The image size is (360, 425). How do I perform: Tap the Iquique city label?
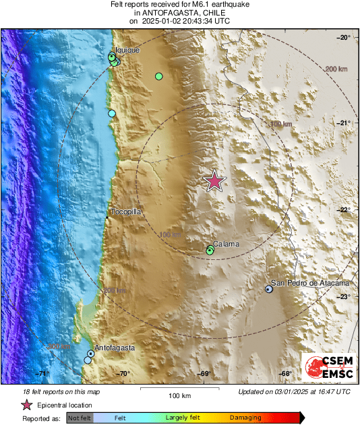(x=127, y=50)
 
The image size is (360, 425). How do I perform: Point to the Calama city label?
(x=226, y=244)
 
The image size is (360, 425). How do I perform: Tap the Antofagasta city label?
(x=115, y=348)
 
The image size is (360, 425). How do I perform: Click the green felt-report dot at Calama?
(x=210, y=251)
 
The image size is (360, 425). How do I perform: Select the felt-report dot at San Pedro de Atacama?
(x=269, y=289)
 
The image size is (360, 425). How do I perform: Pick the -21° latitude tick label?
(x=344, y=123)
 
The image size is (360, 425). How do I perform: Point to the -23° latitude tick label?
(x=344, y=296)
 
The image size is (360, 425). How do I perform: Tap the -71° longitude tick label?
(x=42, y=373)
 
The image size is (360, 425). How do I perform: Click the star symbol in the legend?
(x=27, y=405)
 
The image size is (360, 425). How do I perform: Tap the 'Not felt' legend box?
(x=80, y=418)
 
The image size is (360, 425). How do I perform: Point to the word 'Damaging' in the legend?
(x=245, y=418)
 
